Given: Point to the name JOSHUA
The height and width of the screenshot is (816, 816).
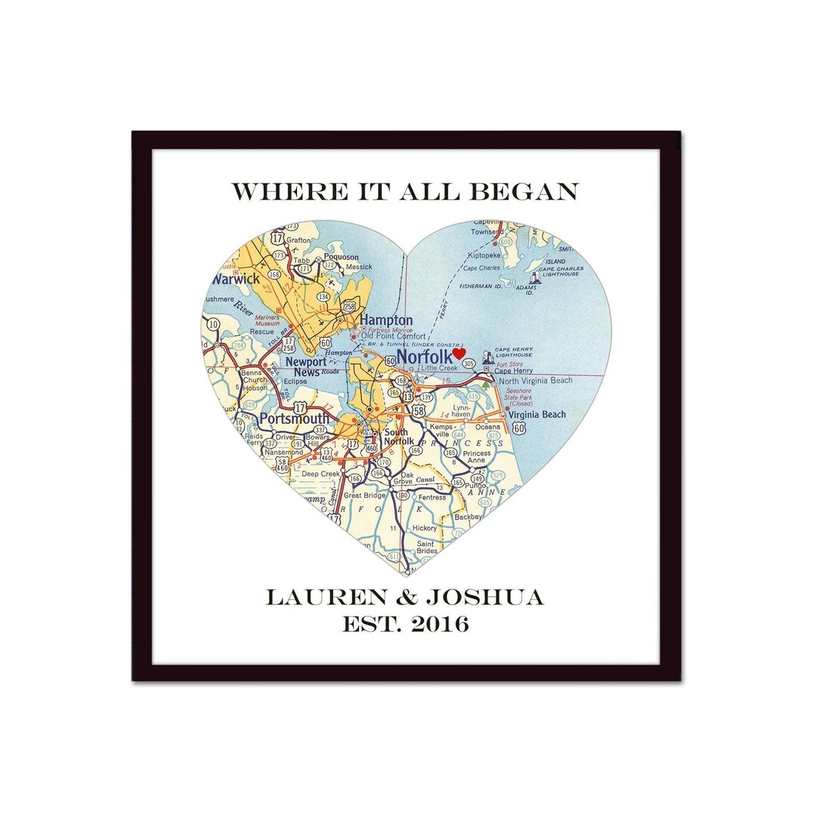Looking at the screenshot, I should (484, 598).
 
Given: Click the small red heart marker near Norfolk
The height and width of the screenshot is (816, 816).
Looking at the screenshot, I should (459, 353).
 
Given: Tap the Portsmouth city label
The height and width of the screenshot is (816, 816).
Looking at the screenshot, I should (295, 419).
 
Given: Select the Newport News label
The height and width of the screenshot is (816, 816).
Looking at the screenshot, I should (307, 366).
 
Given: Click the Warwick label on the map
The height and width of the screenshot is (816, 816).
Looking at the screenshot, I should (236, 280).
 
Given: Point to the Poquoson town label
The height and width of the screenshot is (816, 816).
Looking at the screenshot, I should (341, 257).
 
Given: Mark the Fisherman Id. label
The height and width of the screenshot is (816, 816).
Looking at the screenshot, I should (483, 286).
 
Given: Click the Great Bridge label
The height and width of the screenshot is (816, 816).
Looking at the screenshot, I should (364, 496).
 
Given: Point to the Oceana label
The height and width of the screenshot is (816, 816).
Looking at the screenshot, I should (487, 426).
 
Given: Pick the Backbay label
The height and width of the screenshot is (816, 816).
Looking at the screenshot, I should (468, 517).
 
